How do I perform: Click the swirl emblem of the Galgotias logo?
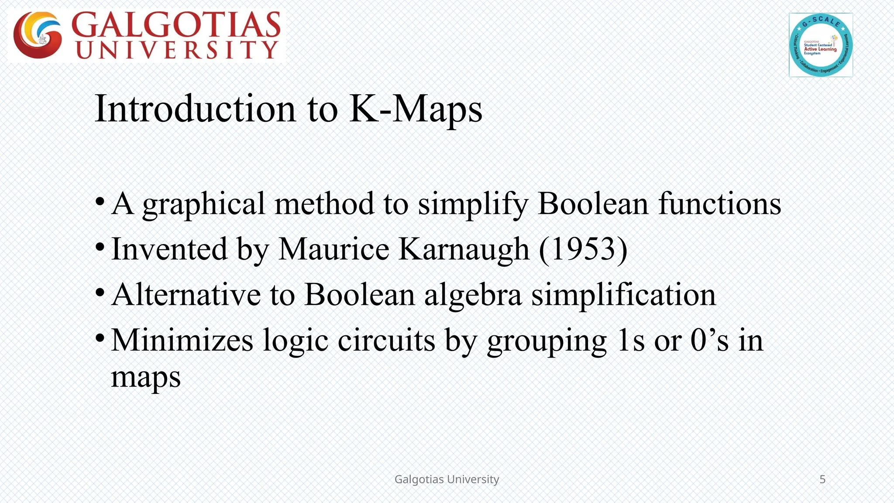[x=38, y=35]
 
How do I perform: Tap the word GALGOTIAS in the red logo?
[x=175, y=25]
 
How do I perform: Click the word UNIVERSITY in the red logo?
[x=177, y=50]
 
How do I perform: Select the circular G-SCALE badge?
[x=821, y=45]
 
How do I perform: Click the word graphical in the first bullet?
[x=203, y=204]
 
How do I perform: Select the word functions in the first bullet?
[x=719, y=204]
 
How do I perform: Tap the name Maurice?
[x=334, y=249]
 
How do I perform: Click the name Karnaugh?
[x=464, y=249]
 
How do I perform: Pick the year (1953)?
[x=583, y=249]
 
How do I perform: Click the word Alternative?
[x=186, y=295]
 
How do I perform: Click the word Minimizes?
[x=182, y=340]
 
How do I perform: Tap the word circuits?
[x=386, y=340]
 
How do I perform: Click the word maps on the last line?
[x=146, y=377]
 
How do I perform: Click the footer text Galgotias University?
[x=447, y=479]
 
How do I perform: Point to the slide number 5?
[x=822, y=479]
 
